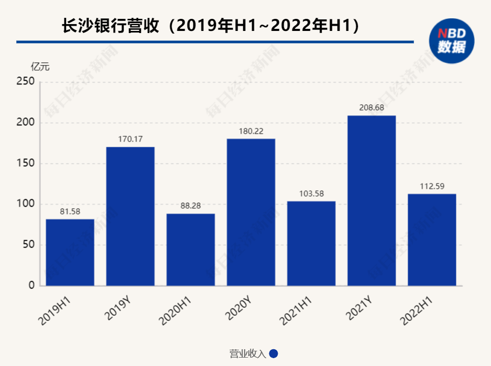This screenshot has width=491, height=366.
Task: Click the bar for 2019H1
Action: point(70,252)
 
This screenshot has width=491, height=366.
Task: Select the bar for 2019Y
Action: point(130,216)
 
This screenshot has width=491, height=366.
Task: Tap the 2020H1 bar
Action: point(191,250)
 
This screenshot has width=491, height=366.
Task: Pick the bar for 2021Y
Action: point(372,200)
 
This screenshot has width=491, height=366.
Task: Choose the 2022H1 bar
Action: point(432,240)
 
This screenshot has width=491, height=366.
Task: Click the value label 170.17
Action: point(130,139)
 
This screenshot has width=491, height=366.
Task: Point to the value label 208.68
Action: point(372,108)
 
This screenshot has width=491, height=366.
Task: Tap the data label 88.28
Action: point(191,206)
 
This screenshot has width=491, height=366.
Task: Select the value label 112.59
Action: point(432,186)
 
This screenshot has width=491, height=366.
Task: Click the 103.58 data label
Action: point(311,193)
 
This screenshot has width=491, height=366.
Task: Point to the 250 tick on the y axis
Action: point(25,82)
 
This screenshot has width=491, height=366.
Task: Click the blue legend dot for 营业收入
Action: point(273,354)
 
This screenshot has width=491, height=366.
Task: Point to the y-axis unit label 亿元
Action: point(40,67)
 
